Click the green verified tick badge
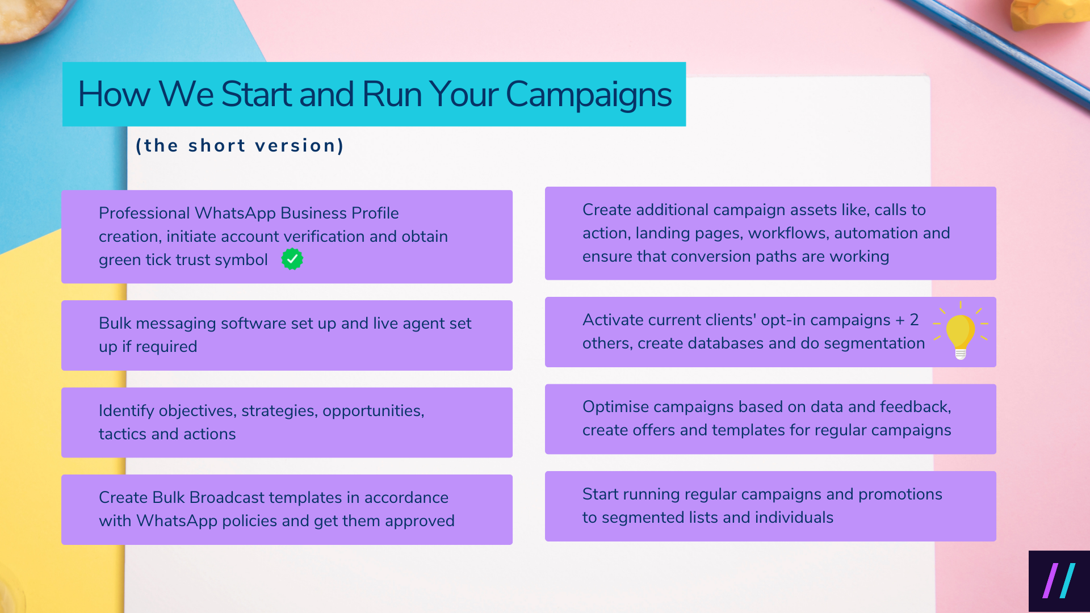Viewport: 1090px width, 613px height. point(292,259)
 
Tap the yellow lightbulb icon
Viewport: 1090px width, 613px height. point(961,332)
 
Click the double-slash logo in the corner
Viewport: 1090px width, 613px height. point(1059,581)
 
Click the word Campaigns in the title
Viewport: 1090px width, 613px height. point(588,94)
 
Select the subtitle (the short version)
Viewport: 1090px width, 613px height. point(240,146)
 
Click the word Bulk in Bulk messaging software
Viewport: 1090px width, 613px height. point(115,323)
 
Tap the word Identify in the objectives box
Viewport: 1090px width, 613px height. point(126,410)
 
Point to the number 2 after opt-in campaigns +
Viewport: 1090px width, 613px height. point(914,320)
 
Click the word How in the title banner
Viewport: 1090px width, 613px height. point(114,94)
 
